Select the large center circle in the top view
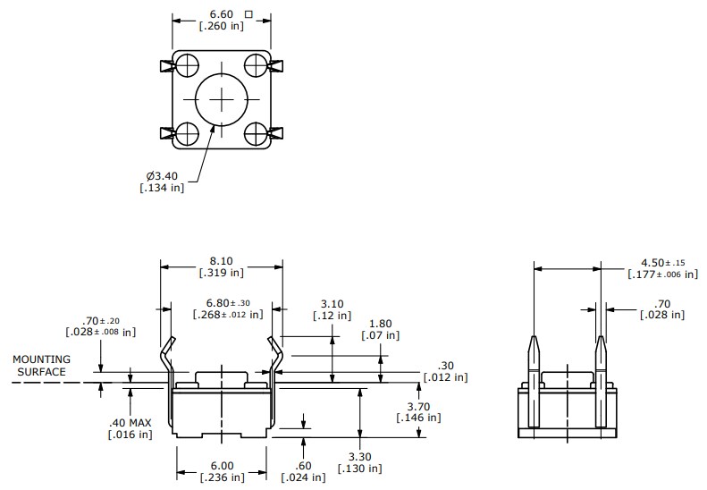point(220,99)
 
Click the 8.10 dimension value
point(221,259)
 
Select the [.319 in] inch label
point(221,272)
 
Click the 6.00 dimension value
point(221,465)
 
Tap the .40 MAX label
point(130,421)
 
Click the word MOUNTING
point(40,359)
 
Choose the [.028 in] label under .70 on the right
point(662,315)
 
